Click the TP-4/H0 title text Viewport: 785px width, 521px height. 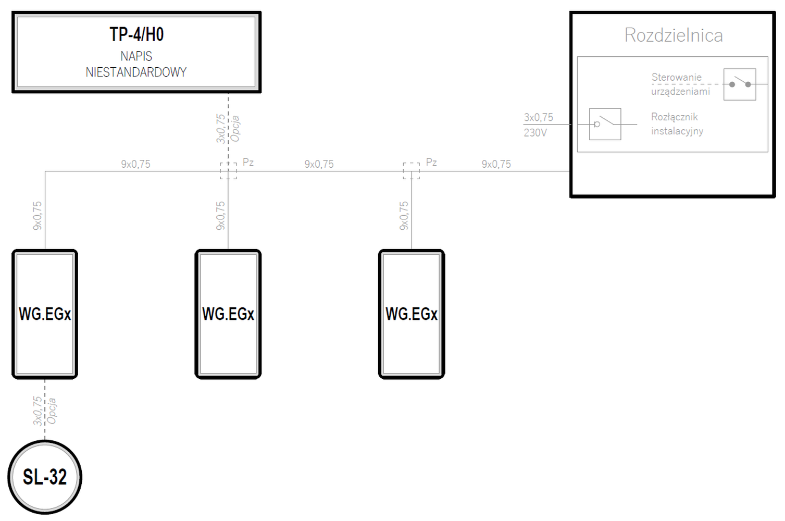136,34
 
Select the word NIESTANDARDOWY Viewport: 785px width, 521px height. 136,72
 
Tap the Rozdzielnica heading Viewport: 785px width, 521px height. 673,35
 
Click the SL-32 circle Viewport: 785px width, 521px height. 45,477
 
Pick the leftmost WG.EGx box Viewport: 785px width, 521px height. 45,314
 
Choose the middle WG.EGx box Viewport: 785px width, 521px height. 228,314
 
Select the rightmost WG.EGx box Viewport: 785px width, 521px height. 412,314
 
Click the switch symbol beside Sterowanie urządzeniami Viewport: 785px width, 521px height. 740,84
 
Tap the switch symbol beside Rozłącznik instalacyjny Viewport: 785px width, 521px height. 605,124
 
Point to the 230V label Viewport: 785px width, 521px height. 535,133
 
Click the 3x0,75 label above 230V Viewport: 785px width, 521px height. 538,117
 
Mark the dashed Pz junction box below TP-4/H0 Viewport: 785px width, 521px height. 228,171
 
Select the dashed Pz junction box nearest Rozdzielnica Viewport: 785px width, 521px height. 412,171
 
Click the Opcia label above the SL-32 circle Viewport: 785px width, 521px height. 52,411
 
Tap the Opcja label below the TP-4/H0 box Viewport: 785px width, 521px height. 235,129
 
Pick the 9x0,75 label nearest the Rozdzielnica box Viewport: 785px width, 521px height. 496,164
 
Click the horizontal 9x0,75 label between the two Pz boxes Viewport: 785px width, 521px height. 319,164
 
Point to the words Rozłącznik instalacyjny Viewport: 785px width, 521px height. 677,124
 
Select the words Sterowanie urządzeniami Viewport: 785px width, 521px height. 681,84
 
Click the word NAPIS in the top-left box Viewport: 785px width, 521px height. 136,56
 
